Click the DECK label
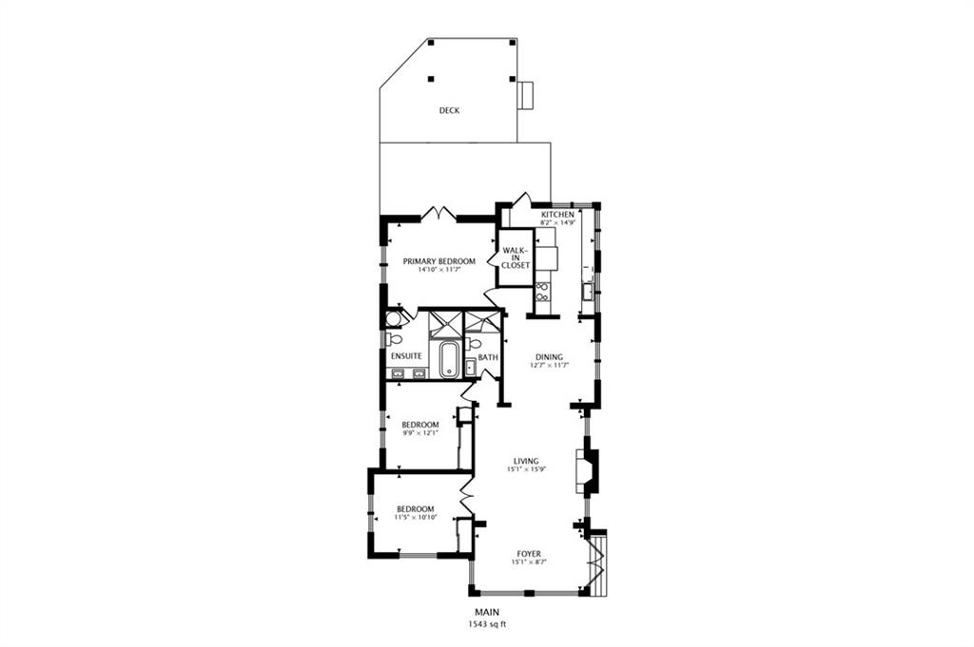coord(449,110)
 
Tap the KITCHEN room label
coord(557,215)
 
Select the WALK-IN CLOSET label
coord(516,257)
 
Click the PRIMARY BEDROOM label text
coord(439,261)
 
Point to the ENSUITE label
coord(406,356)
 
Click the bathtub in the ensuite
coord(449,359)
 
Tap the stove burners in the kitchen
coord(541,292)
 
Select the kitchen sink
coord(587,291)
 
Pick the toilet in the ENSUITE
coord(394,339)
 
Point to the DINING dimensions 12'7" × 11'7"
coord(549,366)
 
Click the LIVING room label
coord(526,461)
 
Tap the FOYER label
coord(529,554)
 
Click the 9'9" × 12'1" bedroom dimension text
coord(419,432)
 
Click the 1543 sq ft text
coord(487,624)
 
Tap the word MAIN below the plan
coord(487,612)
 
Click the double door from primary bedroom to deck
coord(439,215)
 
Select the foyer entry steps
coord(597,562)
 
